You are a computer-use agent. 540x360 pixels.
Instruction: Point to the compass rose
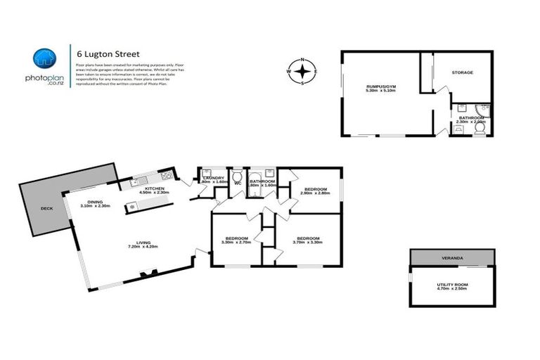302,71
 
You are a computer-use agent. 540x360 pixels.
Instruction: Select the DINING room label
91,202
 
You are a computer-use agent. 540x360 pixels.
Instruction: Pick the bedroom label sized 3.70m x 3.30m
308,240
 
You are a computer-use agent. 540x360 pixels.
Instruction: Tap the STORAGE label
462,72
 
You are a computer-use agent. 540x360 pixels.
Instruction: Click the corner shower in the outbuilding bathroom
482,109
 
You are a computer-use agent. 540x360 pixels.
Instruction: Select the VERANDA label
451,259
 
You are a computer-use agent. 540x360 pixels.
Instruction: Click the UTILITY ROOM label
452,285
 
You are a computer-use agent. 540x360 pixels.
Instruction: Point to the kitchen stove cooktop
166,175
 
